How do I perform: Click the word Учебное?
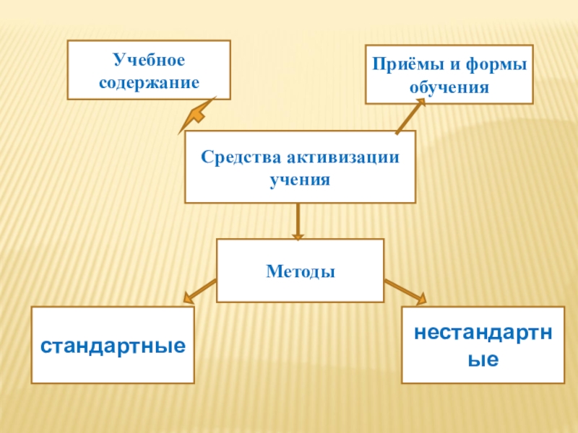(148, 57)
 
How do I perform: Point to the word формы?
(496, 64)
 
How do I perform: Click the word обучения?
(449, 88)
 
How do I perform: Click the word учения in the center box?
(300, 179)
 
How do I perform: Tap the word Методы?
(300, 272)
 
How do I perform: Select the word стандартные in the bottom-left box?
(112, 346)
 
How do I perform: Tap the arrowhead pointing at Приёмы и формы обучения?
(419, 102)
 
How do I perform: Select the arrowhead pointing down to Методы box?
(298, 235)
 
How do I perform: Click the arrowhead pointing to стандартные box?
(189, 296)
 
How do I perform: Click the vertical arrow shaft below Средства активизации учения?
(298, 216)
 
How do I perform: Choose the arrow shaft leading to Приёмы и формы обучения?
(407, 119)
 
